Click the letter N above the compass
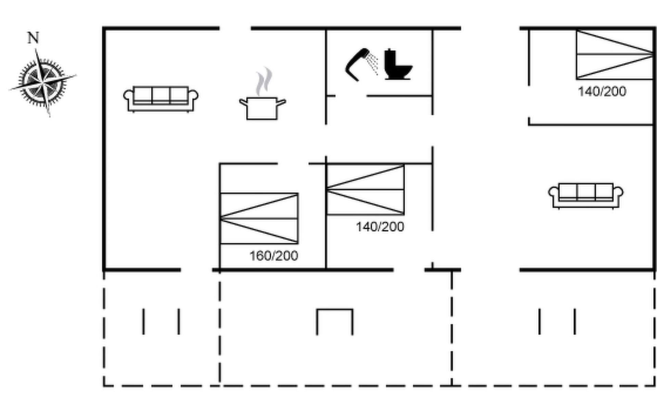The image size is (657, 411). [33, 38]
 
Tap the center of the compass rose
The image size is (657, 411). [43, 83]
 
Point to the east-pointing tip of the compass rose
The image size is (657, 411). [76, 75]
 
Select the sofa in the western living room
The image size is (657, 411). [161, 99]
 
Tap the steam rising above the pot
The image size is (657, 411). [264, 82]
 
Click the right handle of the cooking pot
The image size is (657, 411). [281, 102]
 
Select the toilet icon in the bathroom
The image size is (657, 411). [398, 64]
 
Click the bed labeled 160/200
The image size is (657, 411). [259, 219]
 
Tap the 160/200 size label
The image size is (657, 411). [274, 256]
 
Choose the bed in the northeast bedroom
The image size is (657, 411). [615, 55]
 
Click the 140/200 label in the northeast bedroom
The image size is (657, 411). [602, 91]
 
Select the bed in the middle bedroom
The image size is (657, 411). [365, 190]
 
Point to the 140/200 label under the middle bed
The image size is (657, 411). [380, 227]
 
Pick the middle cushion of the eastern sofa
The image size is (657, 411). [586, 192]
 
